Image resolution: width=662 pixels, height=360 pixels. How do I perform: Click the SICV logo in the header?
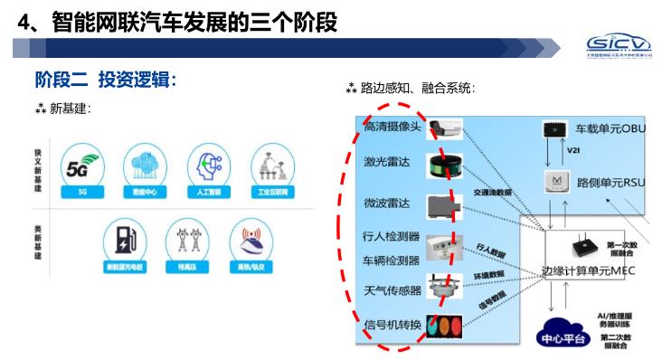[617, 46]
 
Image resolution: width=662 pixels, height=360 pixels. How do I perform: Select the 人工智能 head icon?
[209, 166]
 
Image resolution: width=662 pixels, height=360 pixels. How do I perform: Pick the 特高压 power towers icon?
[188, 241]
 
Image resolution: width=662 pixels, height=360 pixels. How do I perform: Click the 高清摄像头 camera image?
[445, 128]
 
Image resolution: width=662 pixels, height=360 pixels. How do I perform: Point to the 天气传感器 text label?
[392, 290]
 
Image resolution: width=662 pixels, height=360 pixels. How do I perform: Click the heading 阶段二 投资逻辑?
[105, 80]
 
